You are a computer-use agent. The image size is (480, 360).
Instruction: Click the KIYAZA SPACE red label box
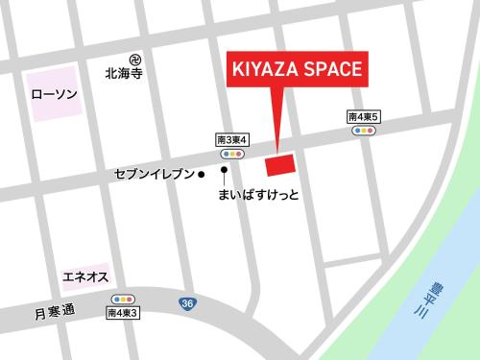[x=296, y=69]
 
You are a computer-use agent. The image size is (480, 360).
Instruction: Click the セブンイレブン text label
[x=155, y=175]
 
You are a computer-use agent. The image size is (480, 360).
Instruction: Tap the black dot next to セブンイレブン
[x=202, y=175]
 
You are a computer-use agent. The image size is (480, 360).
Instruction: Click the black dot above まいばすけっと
[x=225, y=171]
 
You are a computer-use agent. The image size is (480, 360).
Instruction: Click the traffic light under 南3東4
[x=232, y=154]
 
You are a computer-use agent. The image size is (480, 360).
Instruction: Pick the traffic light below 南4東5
[x=365, y=130]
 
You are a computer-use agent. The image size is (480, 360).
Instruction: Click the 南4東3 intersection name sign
[x=124, y=313]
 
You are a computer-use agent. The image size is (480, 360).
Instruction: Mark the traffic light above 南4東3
[x=124, y=299]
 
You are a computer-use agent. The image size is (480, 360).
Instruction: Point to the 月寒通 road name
[x=54, y=312]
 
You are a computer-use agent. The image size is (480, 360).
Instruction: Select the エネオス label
[x=84, y=277]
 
